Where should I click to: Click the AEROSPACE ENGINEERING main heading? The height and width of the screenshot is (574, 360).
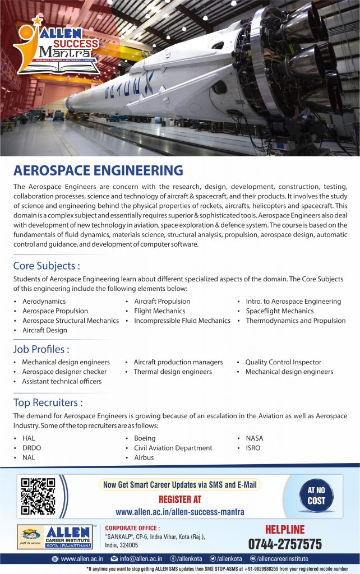pos(98,170)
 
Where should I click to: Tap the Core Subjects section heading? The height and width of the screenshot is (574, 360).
pos(47,265)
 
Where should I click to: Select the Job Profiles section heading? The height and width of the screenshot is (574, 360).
pos(41,349)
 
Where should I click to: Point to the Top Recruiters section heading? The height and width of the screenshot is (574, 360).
pos(48,402)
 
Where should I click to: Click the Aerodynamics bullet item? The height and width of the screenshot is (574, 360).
pos(44,302)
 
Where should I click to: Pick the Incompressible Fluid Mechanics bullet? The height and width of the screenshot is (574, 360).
pos(182,321)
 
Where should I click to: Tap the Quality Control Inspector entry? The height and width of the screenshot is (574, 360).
pos(283,362)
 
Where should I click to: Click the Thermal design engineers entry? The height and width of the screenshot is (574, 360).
pos(173,372)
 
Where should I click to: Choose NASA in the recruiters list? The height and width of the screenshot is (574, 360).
pos(254,438)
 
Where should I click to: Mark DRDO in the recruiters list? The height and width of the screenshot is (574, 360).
pos(31,448)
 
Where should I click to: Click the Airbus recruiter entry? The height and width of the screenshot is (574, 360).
pos(144,457)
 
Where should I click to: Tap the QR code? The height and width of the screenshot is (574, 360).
pos(38,496)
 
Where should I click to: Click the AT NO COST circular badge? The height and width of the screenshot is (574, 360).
pos(316,496)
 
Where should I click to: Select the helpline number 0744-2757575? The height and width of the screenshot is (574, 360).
pos(285,544)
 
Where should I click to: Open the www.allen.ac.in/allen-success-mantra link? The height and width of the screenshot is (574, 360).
pos(179,512)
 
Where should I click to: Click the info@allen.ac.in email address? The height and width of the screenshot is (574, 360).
pos(140,558)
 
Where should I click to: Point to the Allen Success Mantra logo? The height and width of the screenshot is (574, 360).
pos(57,47)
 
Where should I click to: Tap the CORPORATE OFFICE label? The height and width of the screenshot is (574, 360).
pos(132,528)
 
